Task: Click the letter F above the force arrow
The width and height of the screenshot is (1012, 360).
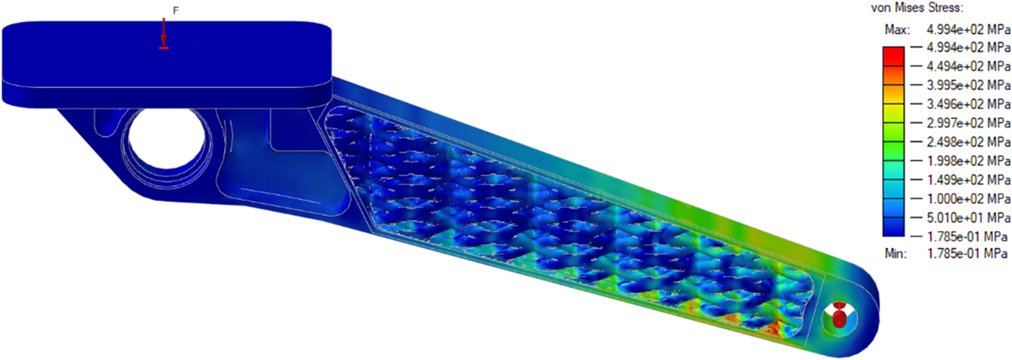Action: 175,11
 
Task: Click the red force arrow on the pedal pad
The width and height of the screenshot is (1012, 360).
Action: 163,35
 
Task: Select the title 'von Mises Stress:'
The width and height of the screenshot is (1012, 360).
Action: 917,8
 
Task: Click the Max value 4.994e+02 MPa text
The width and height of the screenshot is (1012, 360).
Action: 968,29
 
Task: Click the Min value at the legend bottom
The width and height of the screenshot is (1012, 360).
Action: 966,253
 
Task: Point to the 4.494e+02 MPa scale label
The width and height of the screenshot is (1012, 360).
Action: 968,66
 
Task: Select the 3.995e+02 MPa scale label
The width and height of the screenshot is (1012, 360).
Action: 968,85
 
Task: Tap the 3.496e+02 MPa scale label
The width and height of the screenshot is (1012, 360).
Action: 968,104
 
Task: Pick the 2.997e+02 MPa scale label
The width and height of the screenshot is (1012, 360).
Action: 968,123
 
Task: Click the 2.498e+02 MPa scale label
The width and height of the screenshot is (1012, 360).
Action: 968,142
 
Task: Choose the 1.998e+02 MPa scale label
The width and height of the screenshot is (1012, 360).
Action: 968,161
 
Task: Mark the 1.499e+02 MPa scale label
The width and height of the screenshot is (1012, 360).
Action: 968,180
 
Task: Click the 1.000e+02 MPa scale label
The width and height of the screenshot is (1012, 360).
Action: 968,199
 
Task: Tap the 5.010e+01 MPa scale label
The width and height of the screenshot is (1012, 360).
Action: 968,218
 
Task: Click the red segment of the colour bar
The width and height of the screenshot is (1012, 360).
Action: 893,56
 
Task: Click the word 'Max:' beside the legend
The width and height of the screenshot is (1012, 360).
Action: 897,30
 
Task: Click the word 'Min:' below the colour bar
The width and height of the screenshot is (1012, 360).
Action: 896,253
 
